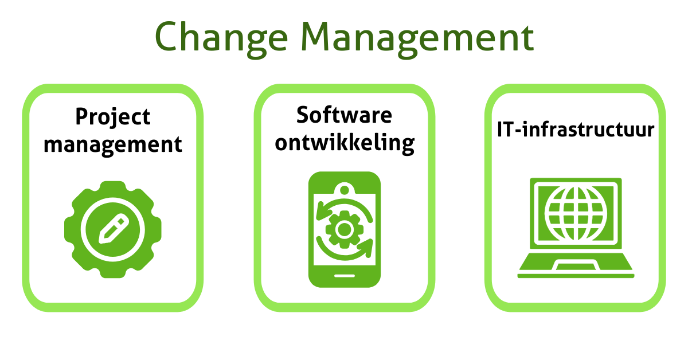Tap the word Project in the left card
(x=113, y=117)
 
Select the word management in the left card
(x=113, y=143)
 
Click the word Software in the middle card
(x=344, y=115)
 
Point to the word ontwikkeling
(x=344, y=142)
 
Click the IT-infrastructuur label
(x=575, y=130)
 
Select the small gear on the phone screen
(x=344, y=230)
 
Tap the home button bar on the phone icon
(x=344, y=275)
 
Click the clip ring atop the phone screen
(x=344, y=189)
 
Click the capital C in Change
(x=167, y=38)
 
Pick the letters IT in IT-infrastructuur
(x=505, y=130)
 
